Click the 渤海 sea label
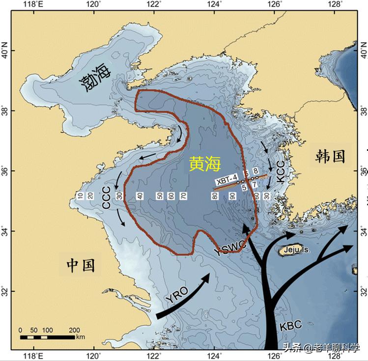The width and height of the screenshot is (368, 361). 95,76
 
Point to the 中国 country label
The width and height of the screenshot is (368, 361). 81,265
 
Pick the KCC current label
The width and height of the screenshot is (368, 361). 280,172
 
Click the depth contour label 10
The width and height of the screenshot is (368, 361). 80,196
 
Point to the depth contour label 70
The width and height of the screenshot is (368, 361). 182,196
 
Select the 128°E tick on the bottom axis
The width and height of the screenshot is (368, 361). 335,355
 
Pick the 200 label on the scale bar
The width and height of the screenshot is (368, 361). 74,330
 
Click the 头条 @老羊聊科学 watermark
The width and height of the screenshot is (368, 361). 321,348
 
